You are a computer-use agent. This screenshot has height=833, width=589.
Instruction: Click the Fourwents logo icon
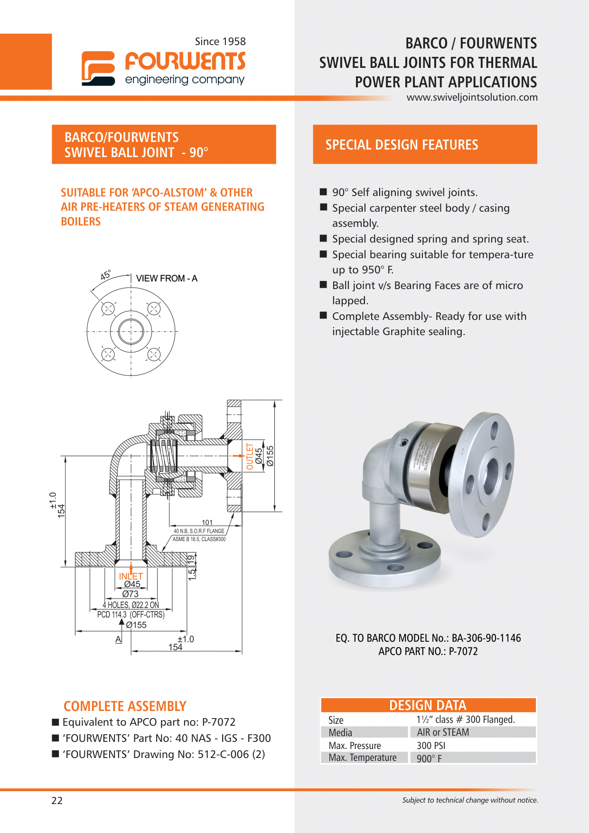click(98, 68)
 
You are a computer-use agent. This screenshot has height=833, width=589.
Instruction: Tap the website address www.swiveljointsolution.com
click(472, 97)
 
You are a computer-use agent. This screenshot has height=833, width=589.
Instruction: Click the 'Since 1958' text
click(220, 42)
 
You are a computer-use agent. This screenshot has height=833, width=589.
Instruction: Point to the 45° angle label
click(105, 275)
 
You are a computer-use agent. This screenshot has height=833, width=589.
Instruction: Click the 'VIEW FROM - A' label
click(167, 279)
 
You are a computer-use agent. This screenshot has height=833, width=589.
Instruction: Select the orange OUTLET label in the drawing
click(250, 456)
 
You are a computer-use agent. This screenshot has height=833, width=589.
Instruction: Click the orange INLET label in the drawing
click(131, 576)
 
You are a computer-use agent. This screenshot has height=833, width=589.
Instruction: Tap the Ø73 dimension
click(131, 594)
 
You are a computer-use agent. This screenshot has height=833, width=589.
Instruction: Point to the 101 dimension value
click(207, 523)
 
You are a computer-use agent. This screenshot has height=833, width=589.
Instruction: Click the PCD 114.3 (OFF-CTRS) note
click(131, 615)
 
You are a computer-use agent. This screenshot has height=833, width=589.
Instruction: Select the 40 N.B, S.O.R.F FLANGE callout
click(199, 531)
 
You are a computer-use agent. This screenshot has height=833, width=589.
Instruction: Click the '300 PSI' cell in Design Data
click(431, 746)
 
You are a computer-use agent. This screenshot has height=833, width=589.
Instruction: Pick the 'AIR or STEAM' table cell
click(443, 732)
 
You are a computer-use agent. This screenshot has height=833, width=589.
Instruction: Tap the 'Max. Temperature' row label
click(363, 758)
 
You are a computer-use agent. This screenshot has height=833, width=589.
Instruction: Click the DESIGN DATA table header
click(428, 705)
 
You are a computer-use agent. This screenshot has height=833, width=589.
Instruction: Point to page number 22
click(57, 801)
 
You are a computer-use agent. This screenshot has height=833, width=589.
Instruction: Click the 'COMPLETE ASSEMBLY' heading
click(125, 706)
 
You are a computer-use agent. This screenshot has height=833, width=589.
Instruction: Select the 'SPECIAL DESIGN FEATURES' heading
click(402, 145)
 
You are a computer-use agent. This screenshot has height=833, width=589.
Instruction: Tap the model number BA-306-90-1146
click(486, 638)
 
